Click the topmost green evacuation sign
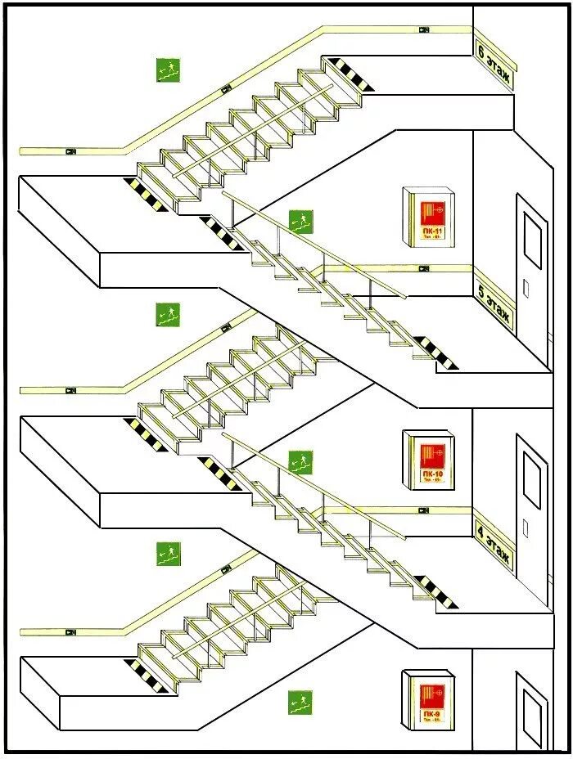tap(169, 70)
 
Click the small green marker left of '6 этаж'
tap(424, 30)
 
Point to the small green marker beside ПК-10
tap(424, 510)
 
